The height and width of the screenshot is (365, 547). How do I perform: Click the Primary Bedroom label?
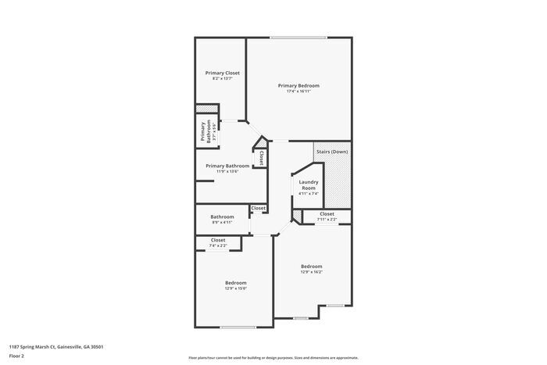299,85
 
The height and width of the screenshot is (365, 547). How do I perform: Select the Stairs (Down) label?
331,152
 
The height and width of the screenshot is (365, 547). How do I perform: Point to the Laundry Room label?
309,184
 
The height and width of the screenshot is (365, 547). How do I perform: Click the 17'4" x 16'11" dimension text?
299,91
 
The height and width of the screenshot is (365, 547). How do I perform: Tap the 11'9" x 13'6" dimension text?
227,172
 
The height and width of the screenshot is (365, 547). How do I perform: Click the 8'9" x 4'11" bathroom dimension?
222,223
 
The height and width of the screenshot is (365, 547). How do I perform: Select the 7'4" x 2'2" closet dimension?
218,246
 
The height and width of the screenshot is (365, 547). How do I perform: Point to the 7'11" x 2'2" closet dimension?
327,220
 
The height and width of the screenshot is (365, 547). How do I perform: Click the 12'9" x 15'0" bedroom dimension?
236,288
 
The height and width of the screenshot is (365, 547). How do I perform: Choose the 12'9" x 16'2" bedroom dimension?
311,273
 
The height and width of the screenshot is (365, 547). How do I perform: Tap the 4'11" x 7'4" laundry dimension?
309,194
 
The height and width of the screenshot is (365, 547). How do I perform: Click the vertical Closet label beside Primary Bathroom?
262,158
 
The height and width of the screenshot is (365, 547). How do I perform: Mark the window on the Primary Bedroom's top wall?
299,38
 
